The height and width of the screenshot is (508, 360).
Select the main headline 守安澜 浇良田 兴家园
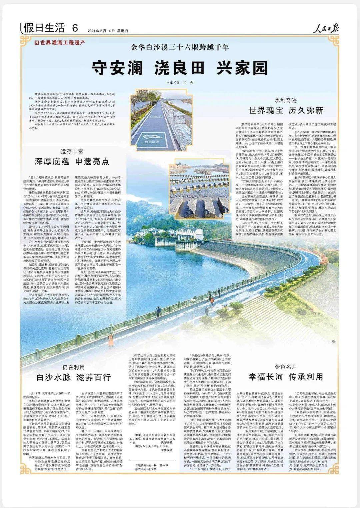[x=180, y=68]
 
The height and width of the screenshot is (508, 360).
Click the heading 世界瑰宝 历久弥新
[x=286, y=110]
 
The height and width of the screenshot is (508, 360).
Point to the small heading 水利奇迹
[x=286, y=100]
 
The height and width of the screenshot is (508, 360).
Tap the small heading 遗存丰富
[x=72, y=151]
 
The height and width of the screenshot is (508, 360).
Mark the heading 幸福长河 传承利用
[x=286, y=377]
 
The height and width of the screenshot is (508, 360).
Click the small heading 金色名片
[x=286, y=367]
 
